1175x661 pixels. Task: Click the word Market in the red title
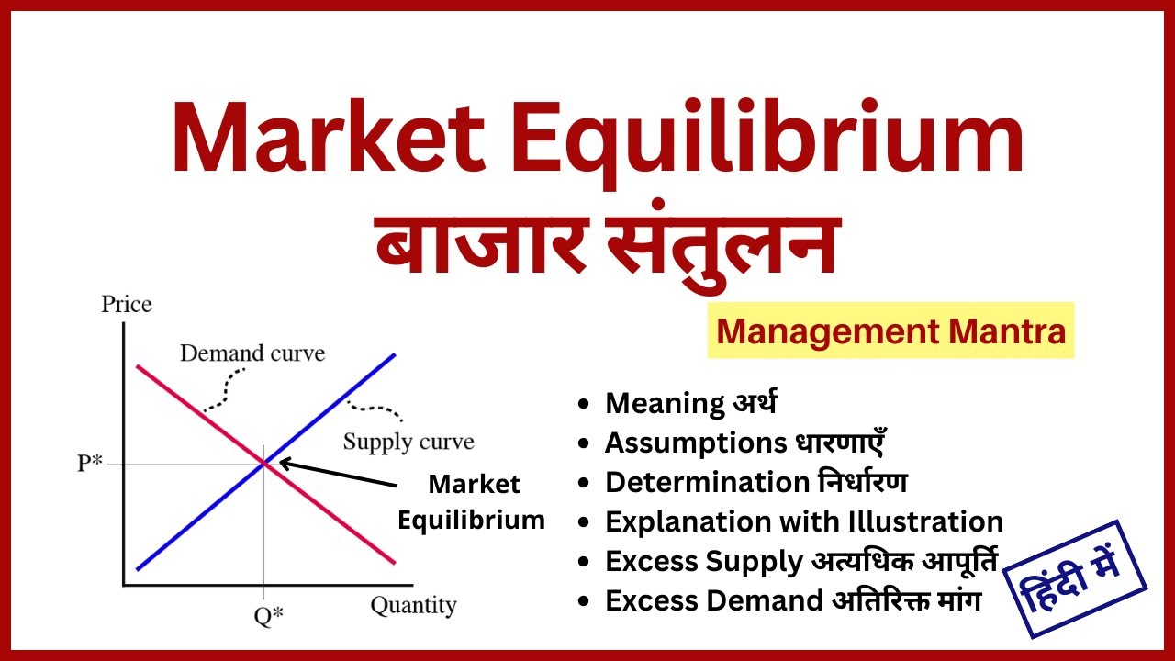coord(327,140)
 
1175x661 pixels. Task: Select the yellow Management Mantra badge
coord(890,330)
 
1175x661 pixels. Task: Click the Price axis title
coord(126,304)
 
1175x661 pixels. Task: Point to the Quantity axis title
coord(413,606)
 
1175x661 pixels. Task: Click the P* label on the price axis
coord(89,464)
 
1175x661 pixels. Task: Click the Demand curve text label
coord(252,353)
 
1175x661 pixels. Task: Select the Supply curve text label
coord(408,442)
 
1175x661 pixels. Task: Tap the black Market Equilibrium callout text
coord(472,502)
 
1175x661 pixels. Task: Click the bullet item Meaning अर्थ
coord(691,403)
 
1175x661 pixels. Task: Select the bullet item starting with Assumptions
coord(744,443)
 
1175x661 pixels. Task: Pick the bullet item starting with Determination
coord(755,482)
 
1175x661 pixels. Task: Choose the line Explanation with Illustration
coord(803,522)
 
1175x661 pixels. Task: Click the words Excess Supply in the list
coord(703,562)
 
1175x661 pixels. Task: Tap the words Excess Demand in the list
coord(713,601)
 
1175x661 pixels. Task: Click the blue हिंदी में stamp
coord(1074,579)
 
